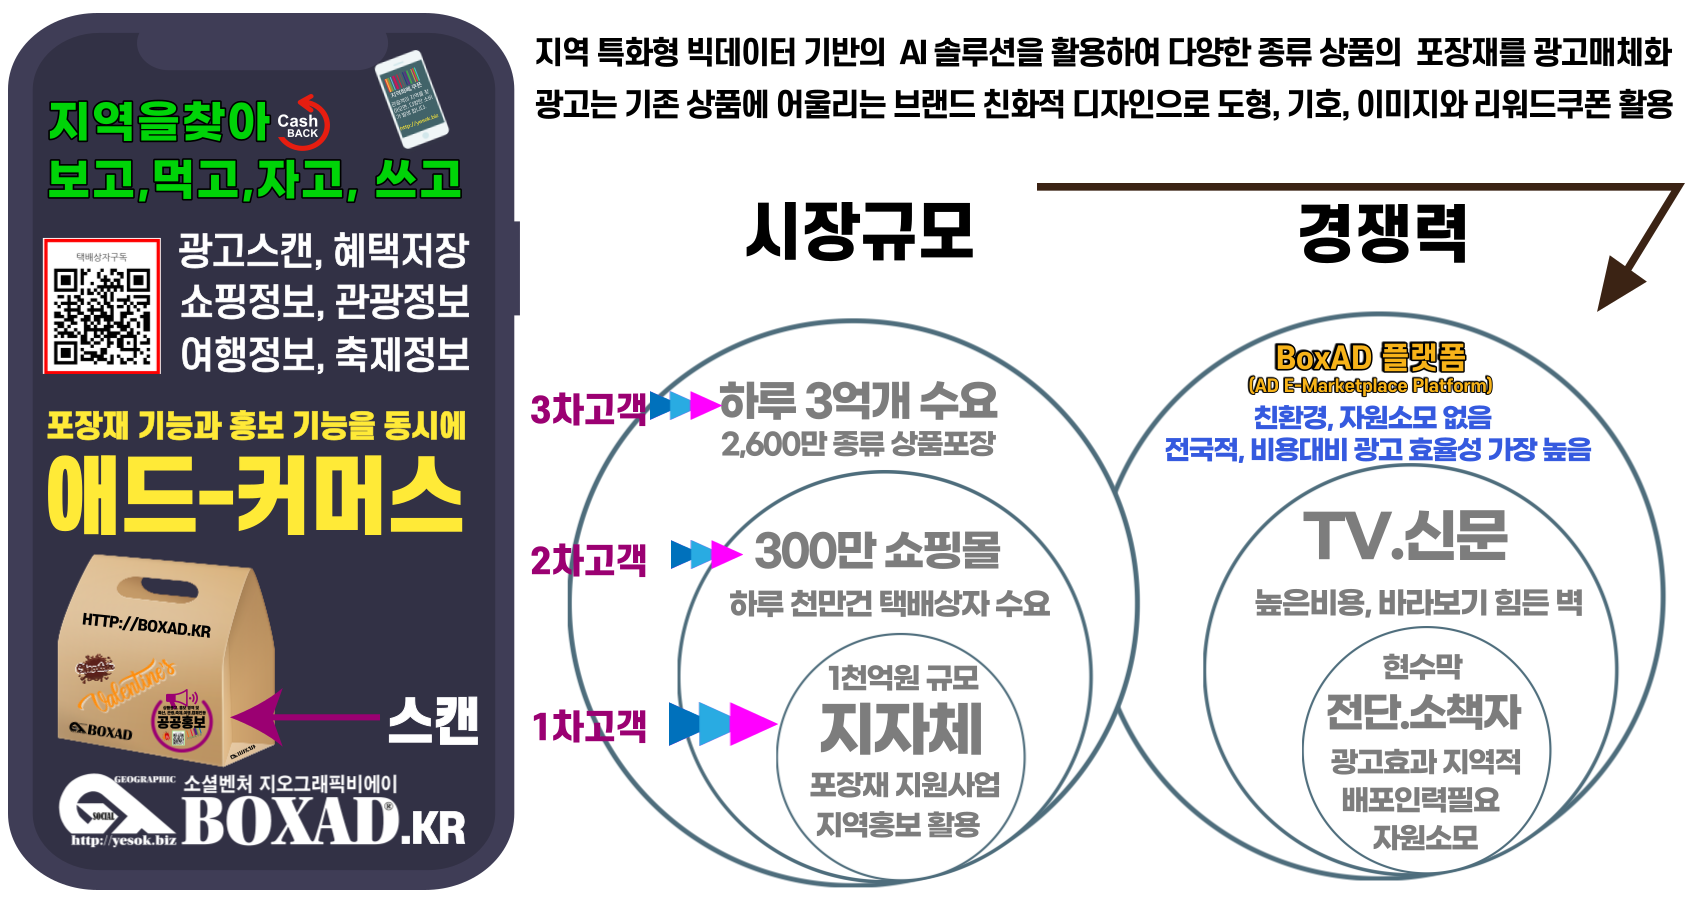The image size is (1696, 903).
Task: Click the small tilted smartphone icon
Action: [411, 98]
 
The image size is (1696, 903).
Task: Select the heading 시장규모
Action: [860, 231]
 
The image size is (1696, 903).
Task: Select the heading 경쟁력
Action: [1383, 231]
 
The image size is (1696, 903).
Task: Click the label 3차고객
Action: [589, 408]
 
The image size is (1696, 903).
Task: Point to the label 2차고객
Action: [589, 559]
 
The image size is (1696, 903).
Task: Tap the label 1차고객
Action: [589, 726]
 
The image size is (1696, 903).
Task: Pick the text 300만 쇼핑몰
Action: [877, 550]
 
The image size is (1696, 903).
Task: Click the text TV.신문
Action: [1405, 536]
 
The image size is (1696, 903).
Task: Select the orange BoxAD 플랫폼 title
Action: [1370, 357]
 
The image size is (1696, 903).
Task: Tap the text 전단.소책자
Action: [1423, 711]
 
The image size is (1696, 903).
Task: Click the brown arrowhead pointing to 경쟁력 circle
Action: [1620, 284]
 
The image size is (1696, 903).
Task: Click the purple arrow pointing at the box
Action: [300, 717]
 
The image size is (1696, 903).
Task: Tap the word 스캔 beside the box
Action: [432, 720]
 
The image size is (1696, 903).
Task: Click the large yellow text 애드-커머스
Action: [255, 495]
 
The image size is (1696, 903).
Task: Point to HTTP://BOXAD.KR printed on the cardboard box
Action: [146, 626]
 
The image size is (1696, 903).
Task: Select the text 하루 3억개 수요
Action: [858, 401]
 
